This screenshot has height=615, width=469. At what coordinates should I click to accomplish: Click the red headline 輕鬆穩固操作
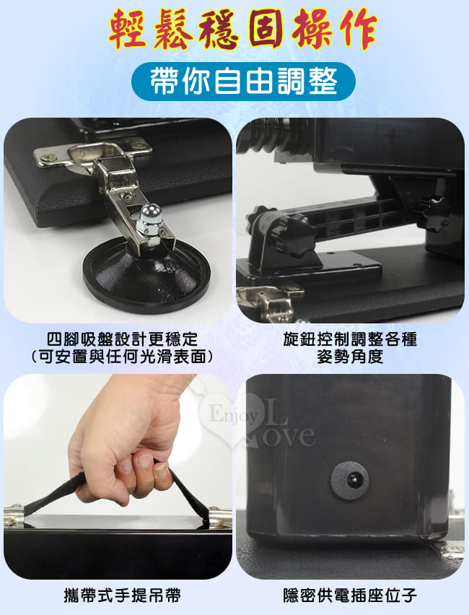click(242, 30)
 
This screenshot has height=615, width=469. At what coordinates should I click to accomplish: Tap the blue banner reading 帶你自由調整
click(243, 81)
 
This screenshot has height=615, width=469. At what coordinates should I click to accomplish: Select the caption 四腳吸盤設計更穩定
click(122, 339)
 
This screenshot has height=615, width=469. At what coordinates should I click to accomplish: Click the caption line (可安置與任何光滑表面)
click(122, 357)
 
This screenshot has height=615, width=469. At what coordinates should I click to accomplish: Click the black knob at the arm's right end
click(431, 214)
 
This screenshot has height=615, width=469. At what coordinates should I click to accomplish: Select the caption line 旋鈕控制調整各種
click(350, 339)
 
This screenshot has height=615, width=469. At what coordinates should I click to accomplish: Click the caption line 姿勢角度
click(350, 357)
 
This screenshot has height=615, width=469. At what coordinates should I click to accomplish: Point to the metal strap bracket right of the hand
click(220, 518)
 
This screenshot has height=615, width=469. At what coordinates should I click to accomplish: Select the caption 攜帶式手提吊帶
click(122, 596)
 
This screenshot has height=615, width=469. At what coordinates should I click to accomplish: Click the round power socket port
click(350, 480)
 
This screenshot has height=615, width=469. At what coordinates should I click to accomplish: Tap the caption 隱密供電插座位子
click(350, 596)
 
